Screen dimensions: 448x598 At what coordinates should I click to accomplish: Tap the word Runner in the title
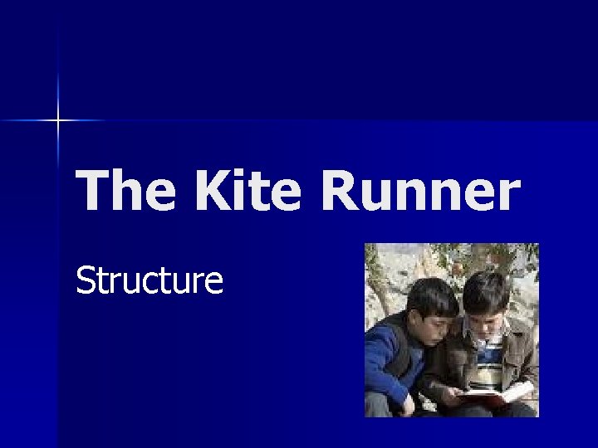point(419,190)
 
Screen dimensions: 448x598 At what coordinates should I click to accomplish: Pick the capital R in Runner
point(340,190)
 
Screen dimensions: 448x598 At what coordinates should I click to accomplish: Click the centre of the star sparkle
point(58,121)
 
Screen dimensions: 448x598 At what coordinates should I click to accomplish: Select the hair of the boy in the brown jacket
point(486,290)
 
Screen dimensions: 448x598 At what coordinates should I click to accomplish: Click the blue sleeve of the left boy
point(384,365)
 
